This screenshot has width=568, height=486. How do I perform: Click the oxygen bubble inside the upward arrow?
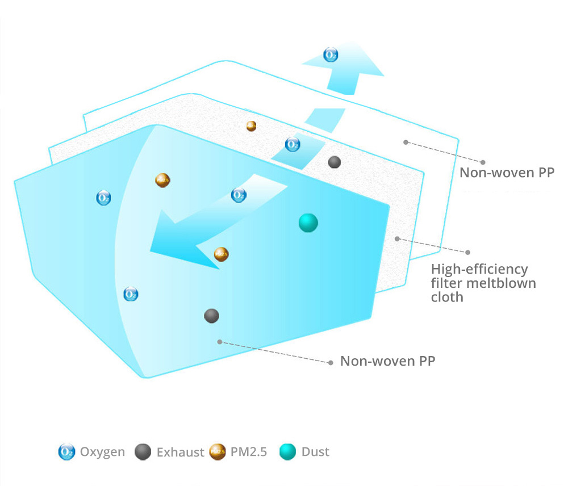(x=331, y=55)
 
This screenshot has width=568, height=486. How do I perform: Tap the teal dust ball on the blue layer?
(x=308, y=223)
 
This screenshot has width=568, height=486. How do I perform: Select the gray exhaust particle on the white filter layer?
(x=335, y=162)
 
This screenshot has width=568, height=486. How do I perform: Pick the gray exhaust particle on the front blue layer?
(x=211, y=316)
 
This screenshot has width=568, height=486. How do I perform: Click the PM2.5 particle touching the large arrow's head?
(x=221, y=254)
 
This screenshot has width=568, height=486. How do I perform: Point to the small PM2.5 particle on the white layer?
(x=251, y=126)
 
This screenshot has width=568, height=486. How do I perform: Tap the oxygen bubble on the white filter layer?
(x=293, y=145)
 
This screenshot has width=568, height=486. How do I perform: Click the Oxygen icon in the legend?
(x=66, y=453)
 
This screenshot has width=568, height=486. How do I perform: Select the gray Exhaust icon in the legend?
(x=143, y=453)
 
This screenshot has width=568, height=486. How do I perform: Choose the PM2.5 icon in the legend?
(x=218, y=453)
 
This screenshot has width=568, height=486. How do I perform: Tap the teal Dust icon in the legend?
(x=288, y=453)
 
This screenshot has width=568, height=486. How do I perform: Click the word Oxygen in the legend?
(x=102, y=453)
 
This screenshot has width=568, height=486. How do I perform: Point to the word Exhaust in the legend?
(x=180, y=453)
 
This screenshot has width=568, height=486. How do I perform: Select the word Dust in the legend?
(x=315, y=453)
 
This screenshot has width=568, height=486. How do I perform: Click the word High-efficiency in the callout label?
(x=479, y=269)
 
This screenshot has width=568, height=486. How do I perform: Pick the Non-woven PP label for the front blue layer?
(x=387, y=361)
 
